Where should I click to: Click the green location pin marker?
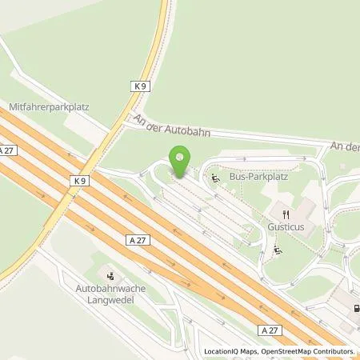tap(180, 160)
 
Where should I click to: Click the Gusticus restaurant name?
tap(285, 227)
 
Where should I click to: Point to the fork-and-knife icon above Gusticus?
tap(286, 213)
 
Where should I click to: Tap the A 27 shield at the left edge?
tap(7, 150)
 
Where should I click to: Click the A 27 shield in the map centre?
tap(134, 238)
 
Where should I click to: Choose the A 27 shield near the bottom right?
tap(270, 330)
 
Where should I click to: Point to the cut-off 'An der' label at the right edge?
tap(345, 147)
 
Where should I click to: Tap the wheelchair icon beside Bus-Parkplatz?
tap(215, 179)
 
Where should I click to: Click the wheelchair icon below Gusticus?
tap(277, 250)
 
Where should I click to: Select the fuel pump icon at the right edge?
tap(354, 308)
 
